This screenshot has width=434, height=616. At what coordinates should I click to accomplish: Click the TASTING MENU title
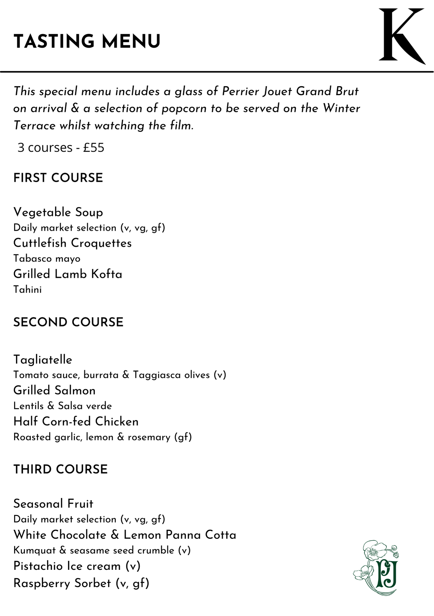[87, 42]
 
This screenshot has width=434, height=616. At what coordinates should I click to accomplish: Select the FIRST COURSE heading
[58, 178]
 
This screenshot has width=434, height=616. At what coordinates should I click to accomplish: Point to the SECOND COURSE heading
[68, 322]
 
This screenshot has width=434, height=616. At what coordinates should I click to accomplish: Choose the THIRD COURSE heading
[60, 469]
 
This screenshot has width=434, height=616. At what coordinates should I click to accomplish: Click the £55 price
[94, 148]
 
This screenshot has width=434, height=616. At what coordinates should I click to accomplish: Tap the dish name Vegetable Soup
[58, 212]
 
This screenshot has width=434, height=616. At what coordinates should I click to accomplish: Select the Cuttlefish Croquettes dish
[72, 243]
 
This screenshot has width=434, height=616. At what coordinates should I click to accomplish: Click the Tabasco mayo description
[47, 258]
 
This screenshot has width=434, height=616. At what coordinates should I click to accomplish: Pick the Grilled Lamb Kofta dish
[68, 274]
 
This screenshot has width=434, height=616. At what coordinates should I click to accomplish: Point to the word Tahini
[27, 290]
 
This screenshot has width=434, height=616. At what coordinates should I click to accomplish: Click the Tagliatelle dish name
[43, 359]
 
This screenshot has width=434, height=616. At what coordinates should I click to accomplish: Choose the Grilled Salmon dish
[55, 391]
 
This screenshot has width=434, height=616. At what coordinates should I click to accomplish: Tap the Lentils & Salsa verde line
[63, 406]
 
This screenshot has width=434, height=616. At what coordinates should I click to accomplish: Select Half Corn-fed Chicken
[76, 421]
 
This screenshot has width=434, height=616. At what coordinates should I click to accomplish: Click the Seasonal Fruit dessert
[53, 504]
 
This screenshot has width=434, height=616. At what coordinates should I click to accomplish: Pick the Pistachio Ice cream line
[77, 566]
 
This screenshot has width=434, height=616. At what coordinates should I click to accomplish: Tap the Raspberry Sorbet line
[81, 583]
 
